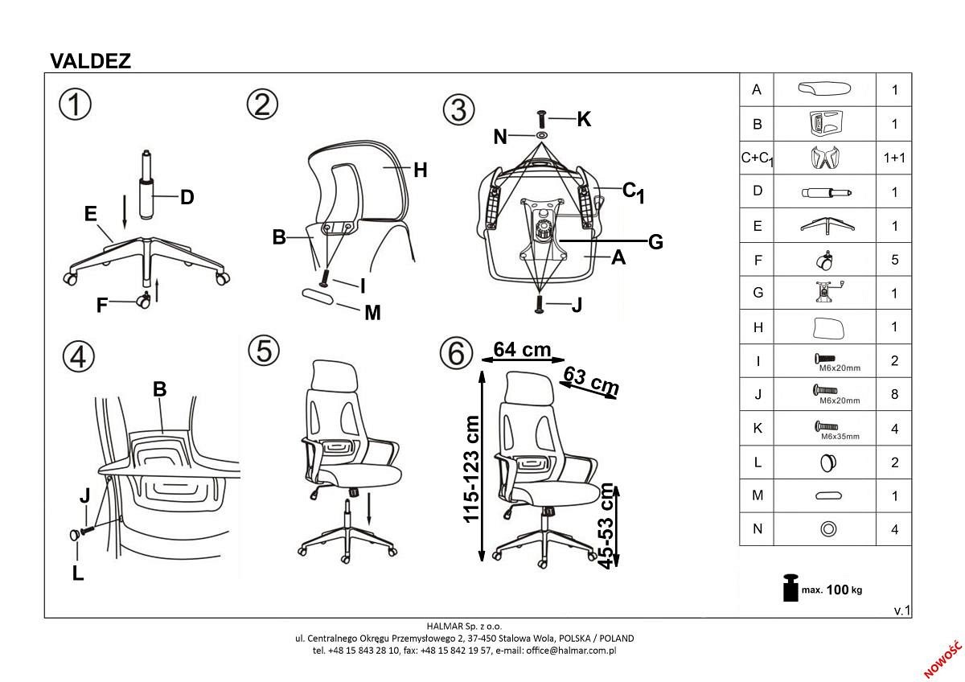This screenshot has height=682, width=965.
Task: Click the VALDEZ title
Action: coord(90,61)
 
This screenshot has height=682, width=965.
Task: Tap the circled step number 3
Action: coord(459,109)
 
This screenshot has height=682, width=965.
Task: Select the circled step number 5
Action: coord(263,350)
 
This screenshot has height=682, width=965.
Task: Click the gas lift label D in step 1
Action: coord(187,197)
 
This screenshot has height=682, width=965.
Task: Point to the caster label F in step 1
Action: coord(102,306)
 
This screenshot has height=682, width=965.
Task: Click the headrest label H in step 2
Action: coord(419,170)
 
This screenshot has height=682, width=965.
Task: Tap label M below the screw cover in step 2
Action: coord(372,313)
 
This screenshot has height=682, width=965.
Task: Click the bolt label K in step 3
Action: coord(584,120)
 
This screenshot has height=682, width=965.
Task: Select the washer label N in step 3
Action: coord(501,137)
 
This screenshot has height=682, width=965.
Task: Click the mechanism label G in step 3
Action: coord(655,241)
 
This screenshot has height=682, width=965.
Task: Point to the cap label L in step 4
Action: coord(78,574)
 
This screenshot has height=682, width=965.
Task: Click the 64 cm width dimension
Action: coord(522,350)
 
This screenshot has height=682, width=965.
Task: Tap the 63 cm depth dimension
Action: coord(592,380)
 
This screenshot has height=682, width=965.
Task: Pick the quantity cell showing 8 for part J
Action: coord(894,395)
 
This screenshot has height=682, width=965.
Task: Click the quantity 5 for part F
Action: coord(894,260)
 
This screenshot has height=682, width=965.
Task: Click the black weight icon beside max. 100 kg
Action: coord(790,588)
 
